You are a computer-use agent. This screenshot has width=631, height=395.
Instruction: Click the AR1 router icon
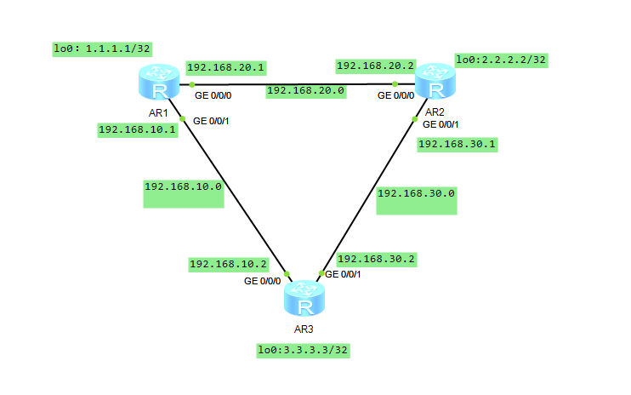[x=157, y=84]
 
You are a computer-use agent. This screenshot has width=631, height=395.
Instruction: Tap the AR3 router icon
[x=304, y=300]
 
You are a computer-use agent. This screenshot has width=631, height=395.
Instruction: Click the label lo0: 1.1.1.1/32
[x=103, y=49]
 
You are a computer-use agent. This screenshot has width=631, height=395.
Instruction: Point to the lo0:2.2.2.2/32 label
[x=501, y=60]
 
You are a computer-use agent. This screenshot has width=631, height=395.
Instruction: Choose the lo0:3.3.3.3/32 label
[x=304, y=350]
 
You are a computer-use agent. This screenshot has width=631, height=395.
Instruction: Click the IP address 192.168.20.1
[x=226, y=67]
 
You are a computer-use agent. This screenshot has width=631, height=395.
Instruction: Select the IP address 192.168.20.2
[x=375, y=65]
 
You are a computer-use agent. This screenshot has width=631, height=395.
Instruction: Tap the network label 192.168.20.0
[x=305, y=90]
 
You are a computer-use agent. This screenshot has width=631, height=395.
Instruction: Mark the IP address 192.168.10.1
[x=138, y=130]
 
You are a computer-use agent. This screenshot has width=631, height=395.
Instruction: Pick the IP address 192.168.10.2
[x=228, y=264]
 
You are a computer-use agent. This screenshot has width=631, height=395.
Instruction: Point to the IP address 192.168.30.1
[x=458, y=145]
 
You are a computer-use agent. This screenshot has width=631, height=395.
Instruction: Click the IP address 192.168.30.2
[x=377, y=259]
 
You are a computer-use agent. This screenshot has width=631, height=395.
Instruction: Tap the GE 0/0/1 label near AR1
[x=211, y=122]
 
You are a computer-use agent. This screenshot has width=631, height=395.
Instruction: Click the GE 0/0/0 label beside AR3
[x=262, y=280]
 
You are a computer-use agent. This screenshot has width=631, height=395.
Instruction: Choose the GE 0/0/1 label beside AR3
[x=343, y=274]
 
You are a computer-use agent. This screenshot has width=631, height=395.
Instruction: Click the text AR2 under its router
[x=435, y=112]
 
